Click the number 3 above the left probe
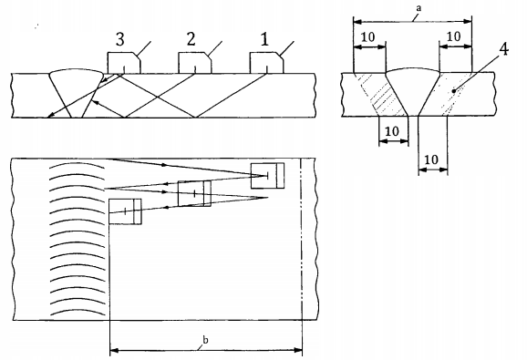point(120,39)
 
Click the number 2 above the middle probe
point(191,39)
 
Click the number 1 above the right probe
point(264,40)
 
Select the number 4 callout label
point(503,49)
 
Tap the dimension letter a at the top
point(418,8)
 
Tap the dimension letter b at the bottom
point(205,340)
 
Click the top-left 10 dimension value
point(368,36)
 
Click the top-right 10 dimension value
point(454,36)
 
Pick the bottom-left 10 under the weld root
point(392,131)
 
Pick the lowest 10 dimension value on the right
point(431,159)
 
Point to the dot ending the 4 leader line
point(454,90)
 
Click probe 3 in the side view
point(124,63)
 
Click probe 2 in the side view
point(194,63)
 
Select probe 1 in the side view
point(267,63)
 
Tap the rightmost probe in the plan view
point(267,176)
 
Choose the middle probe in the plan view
point(194,193)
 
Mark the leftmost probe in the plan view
point(125,211)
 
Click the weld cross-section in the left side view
point(77,93)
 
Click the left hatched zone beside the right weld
point(381,95)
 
